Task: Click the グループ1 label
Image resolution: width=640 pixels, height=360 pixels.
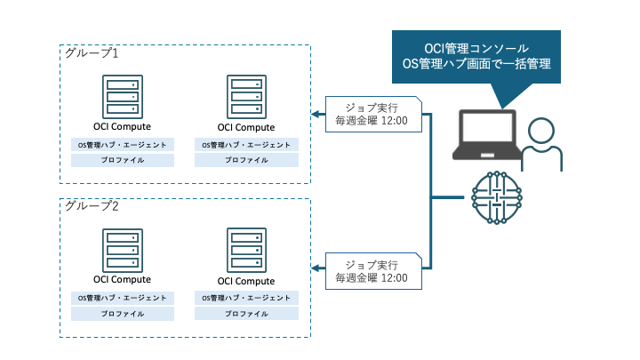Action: [x=92, y=53]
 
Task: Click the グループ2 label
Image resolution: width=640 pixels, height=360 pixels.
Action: [x=92, y=206]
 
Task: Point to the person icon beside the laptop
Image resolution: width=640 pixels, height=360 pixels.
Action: [x=541, y=145]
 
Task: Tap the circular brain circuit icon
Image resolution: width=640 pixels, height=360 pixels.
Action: [x=494, y=196]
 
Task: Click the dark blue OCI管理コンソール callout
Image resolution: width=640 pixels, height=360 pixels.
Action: [x=476, y=56]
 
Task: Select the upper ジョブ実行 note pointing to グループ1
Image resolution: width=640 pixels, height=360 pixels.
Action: [x=372, y=113]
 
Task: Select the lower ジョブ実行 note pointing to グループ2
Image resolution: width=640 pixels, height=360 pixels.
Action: [x=372, y=270]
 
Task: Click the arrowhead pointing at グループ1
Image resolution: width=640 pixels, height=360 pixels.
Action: [x=314, y=114]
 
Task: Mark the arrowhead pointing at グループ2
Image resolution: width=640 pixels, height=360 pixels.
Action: [x=314, y=266]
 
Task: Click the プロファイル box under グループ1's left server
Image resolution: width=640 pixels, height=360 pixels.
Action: [x=123, y=160]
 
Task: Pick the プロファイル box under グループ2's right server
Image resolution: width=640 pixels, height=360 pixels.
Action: [x=246, y=314]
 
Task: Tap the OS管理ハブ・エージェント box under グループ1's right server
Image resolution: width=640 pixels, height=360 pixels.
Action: [x=246, y=144]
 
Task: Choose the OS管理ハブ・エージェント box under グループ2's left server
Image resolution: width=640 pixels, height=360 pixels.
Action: [x=123, y=298]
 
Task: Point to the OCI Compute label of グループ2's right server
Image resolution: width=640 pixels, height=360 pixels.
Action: [x=246, y=280]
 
